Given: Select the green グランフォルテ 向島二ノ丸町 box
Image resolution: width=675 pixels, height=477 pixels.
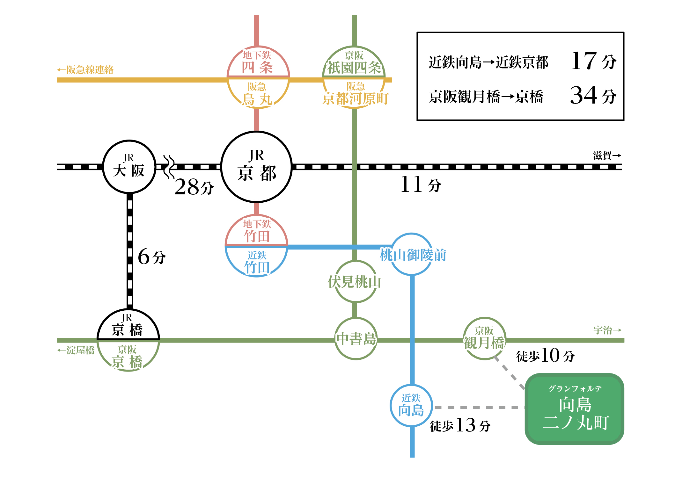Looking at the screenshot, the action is pyautogui.click(x=574, y=409).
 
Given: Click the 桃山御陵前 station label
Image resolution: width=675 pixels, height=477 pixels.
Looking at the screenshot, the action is pyautogui.click(x=413, y=255).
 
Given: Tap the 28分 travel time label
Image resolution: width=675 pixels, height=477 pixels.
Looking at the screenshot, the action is pyautogui.click(x=194, y=187).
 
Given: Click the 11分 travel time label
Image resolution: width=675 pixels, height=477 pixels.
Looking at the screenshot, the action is pyautogui.click(x=421, y=184).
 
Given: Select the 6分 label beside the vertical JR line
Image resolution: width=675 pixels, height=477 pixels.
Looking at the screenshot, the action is pyautogui.click(x=152, y=257).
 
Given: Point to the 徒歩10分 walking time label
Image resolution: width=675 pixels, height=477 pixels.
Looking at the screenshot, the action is pyautogui.click(x=546, y=355).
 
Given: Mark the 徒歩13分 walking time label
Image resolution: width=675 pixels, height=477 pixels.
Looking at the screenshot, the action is pyautogui.click(x=460, y=425).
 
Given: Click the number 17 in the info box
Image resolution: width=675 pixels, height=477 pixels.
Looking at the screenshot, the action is pyautogui.click(x=584, y=61).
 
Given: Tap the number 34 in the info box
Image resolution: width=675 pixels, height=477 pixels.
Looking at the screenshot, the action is pyautogui.click(x=584, y=95).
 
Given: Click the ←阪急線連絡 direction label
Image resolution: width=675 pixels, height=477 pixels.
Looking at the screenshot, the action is pyautogui.click(x=85, y=70).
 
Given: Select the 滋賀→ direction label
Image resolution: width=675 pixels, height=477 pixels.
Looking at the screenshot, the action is pyautogui.click(x=607, y=155).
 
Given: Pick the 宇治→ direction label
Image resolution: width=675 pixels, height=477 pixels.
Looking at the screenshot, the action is pyautogui.click(x=607, y=330).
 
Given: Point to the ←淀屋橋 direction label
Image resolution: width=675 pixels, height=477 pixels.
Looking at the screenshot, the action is pyautogui.click(x=76, y=350).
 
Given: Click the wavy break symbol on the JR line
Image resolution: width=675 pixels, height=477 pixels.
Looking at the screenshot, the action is pyautogui.click(x=169, y=167).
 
